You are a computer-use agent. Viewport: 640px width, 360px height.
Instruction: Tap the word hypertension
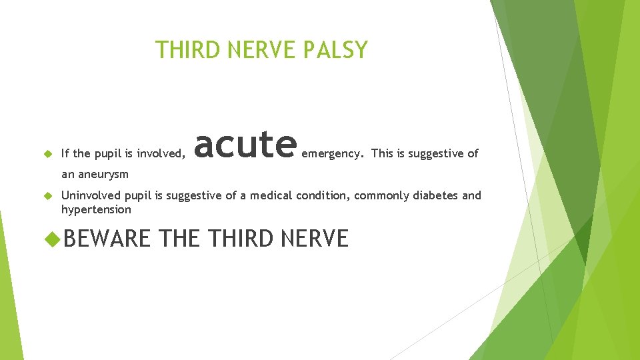[x=96, y=209]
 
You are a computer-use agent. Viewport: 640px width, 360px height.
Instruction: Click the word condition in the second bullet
[x=325, y=195]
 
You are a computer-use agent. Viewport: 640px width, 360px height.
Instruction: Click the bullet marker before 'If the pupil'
[x=47, y=153]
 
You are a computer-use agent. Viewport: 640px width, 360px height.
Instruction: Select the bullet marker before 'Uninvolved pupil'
[x=47, y=196]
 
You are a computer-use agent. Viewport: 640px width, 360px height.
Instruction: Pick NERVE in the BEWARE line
[x=315, y=238]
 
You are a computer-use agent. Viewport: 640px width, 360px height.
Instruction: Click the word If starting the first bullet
[x=65, y=153]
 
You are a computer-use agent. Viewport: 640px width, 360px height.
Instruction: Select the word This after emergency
[x=382, y=153]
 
